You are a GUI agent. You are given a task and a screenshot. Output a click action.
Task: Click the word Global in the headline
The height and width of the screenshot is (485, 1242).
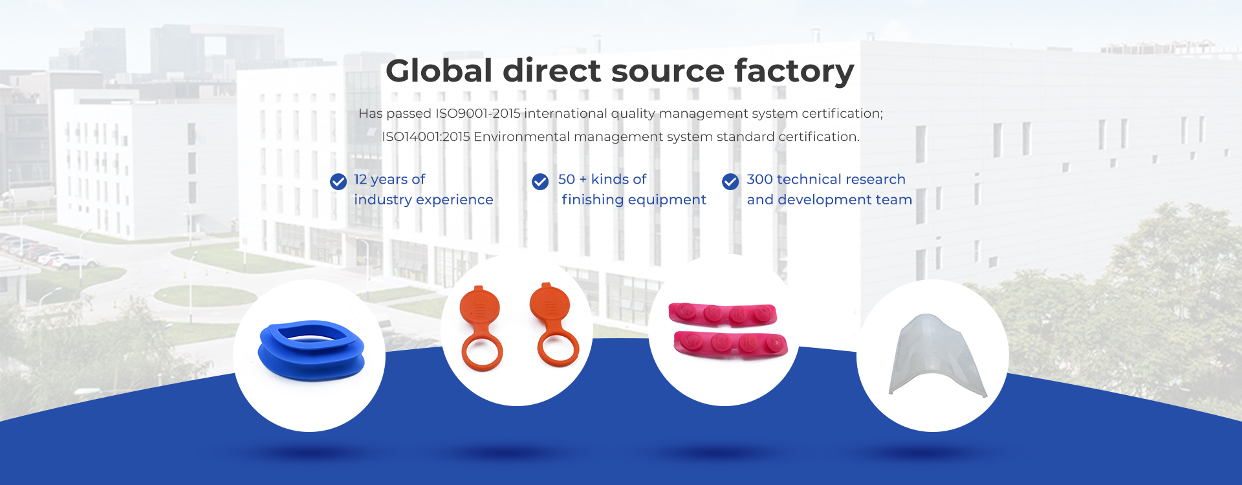click(439, 70)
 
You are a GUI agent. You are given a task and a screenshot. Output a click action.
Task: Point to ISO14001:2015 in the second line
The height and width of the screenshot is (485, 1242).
click(426, 137)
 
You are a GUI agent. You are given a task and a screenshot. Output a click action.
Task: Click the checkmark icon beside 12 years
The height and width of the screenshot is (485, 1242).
click(338, 182)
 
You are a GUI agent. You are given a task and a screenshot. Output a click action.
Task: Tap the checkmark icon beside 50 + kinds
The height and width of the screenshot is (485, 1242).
click(540, 182)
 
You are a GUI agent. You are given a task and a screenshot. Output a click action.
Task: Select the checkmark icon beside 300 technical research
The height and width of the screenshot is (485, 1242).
click(730, 182)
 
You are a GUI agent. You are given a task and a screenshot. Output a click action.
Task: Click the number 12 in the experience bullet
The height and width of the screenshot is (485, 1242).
click(360, 179)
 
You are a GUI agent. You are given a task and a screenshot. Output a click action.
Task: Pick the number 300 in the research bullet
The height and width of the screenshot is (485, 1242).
click(759, 179)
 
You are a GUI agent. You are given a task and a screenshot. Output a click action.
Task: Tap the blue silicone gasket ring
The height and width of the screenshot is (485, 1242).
click(311, 350)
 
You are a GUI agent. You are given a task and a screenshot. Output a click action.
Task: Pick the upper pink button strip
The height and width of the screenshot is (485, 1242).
click(723, 314)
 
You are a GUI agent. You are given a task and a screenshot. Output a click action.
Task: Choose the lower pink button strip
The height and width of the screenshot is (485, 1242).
click(730, 343)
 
